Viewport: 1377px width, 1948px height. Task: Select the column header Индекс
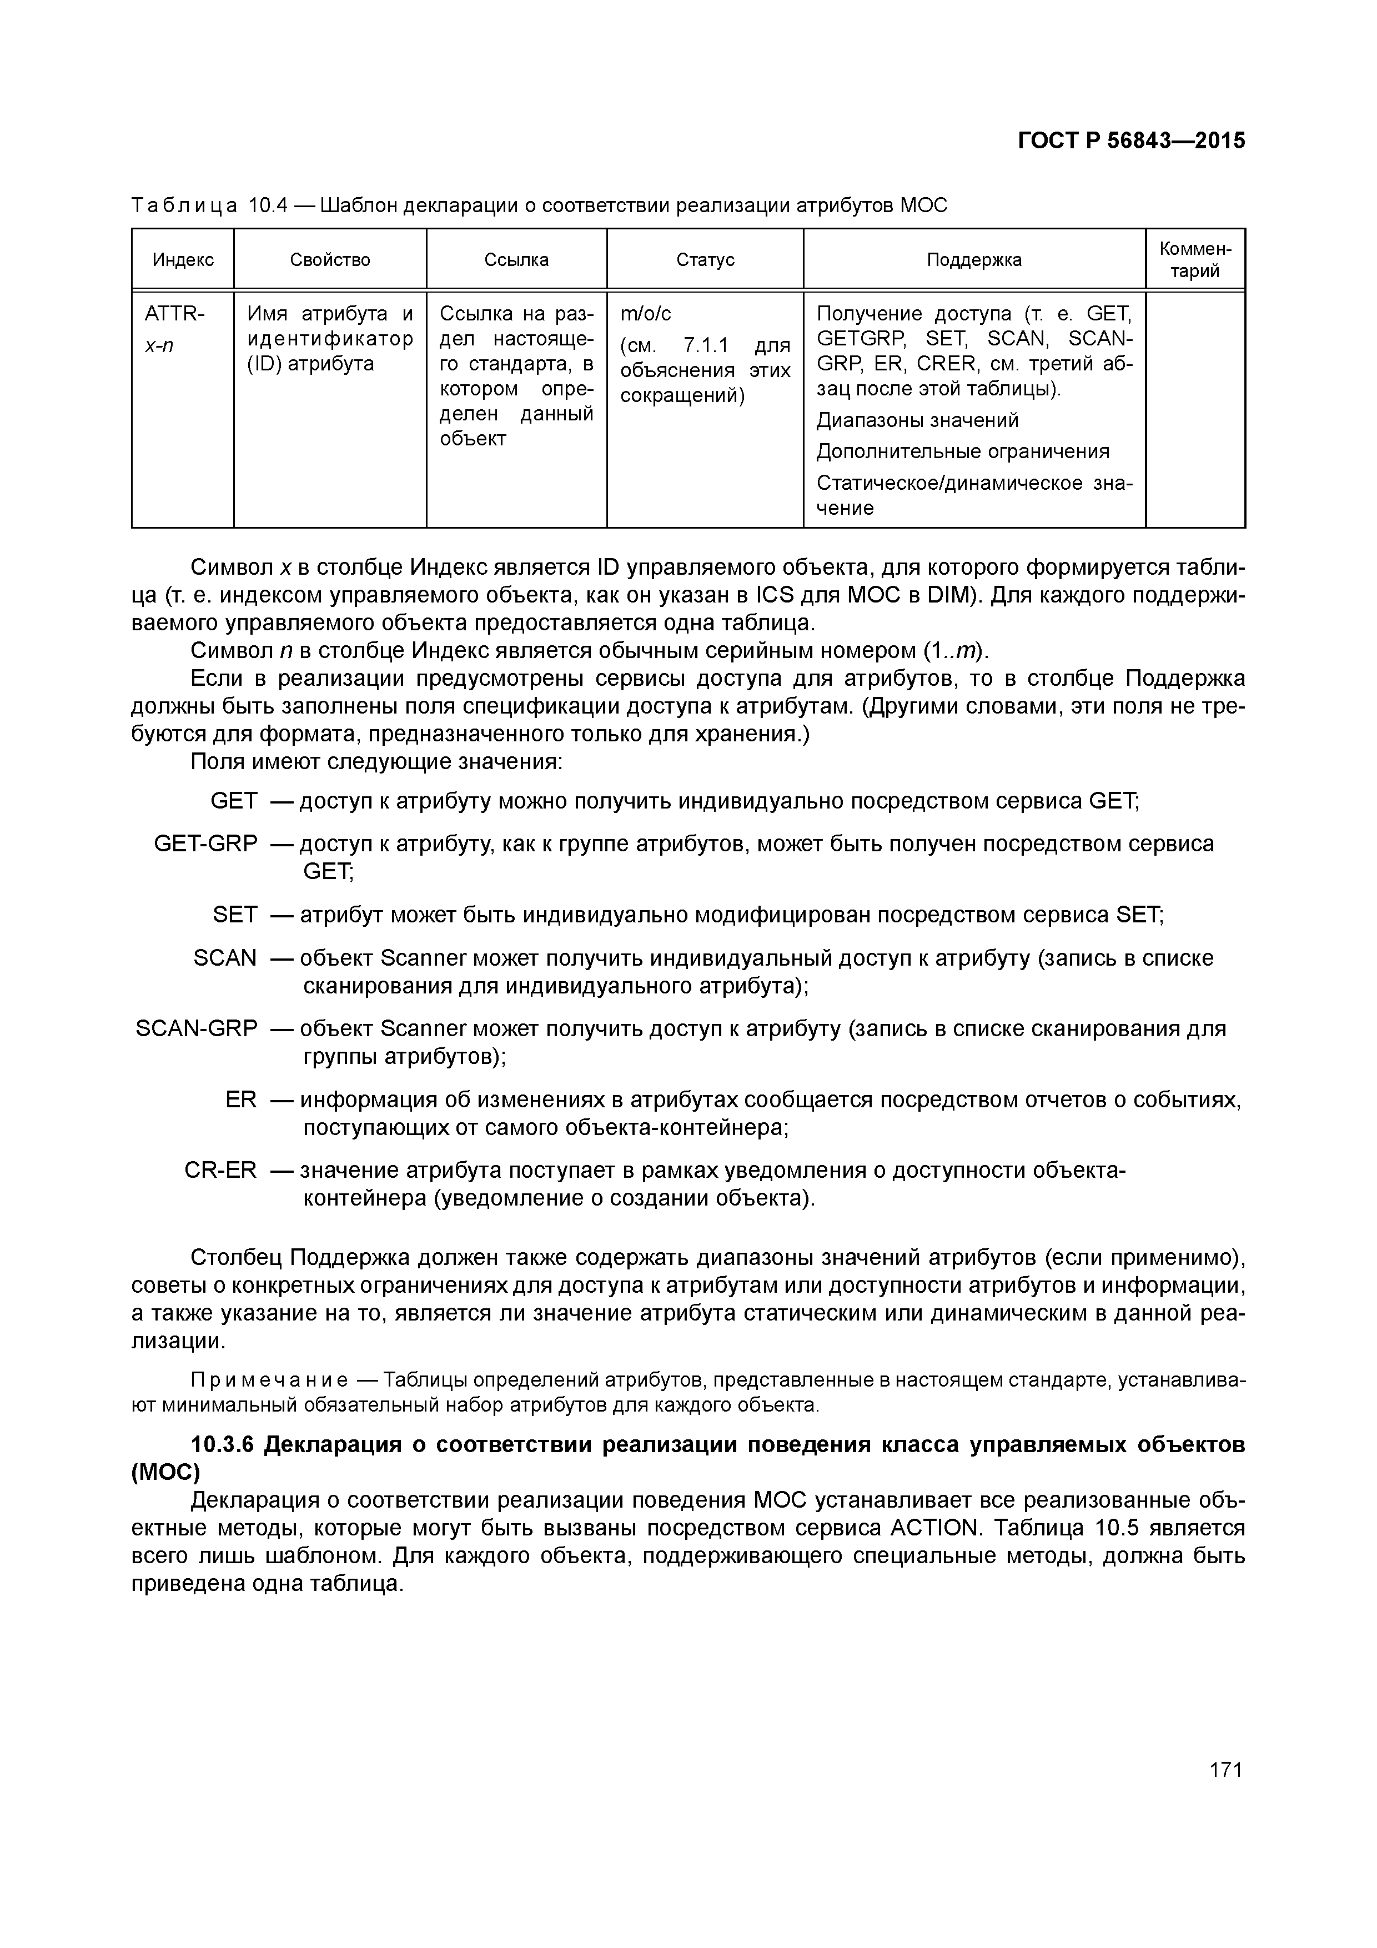coord(183,260)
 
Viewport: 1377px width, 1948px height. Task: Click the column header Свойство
coord(330,260)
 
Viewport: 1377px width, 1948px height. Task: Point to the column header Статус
coord(705,260)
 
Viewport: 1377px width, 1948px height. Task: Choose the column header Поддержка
coord(973,260)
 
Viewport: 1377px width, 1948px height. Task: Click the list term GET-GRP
coord(205,844)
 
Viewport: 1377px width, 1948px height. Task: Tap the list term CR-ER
coord(220,1170)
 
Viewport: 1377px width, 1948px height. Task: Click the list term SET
coord(234,915)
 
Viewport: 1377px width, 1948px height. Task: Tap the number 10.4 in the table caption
coord(268,205)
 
